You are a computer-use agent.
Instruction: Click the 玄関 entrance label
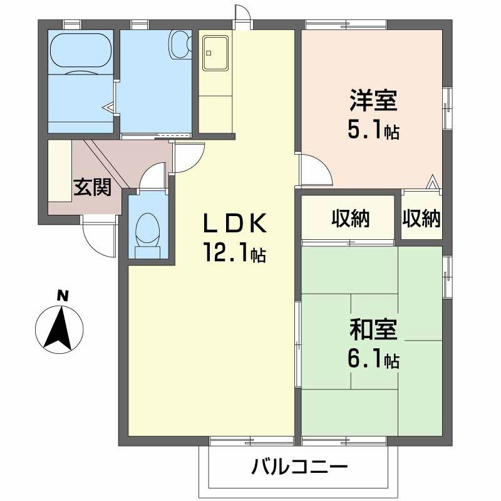pos(93,187)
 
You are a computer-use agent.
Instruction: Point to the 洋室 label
pos(374,100)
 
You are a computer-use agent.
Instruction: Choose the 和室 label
pos(374,329)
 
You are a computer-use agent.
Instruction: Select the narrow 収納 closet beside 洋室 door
pos(421,219)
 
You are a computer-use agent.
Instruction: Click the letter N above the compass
pos(62,295)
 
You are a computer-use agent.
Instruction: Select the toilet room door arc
pos(152,178)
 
